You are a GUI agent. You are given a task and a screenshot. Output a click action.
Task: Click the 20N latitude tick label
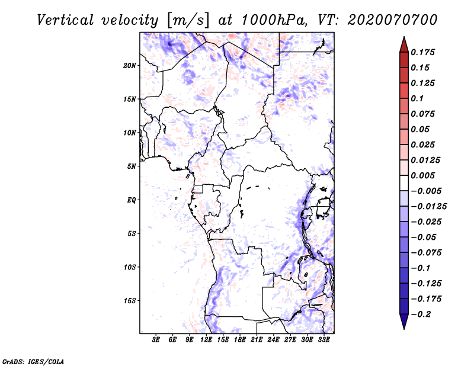point(130,66)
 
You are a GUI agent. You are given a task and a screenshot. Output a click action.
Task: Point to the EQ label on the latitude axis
point(131,200)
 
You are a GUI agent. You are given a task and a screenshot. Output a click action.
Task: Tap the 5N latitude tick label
point(132,166)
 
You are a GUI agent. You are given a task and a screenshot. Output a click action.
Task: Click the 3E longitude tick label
point(156,339)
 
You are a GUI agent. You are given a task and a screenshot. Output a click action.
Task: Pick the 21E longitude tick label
point(257,339)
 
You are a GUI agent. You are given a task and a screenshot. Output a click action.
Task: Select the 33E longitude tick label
point(324,339)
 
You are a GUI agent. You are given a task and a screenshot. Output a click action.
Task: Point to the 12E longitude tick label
point(206,339)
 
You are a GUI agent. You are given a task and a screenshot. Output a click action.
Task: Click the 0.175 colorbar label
point(422,52)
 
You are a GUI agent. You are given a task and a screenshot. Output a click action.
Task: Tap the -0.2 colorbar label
point(421,314)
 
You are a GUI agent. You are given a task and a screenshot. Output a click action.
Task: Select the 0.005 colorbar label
point(422,175)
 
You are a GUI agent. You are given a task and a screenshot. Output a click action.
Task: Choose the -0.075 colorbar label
point(426,253)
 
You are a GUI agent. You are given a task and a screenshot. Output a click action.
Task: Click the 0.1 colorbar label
point(417,98)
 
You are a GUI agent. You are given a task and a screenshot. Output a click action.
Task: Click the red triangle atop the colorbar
point(404,45)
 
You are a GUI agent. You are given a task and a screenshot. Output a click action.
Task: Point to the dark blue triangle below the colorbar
point(404,322)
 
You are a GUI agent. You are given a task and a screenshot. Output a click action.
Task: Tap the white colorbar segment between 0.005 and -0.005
point(404,183)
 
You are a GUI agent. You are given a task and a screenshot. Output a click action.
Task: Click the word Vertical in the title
point(65,20)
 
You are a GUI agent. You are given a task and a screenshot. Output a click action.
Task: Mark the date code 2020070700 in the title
point(392,20)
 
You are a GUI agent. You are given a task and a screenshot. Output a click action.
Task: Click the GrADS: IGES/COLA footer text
point(33,362)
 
